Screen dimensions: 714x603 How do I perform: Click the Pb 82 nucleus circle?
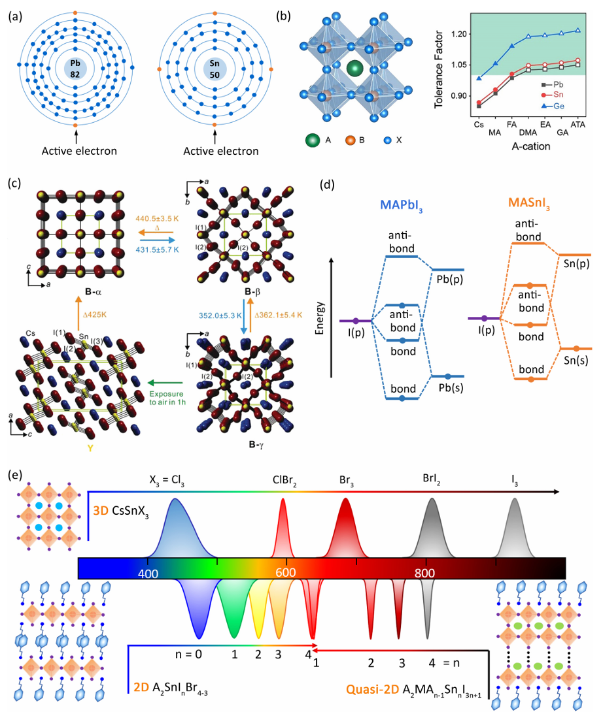click(76, 68)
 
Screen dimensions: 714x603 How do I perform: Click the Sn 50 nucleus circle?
click(215, 68)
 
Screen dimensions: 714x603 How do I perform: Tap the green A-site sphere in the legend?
click(313, 140)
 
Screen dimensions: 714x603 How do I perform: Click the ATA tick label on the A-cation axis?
click(578, 123)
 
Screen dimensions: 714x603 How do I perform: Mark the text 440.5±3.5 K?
click(157, 221)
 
